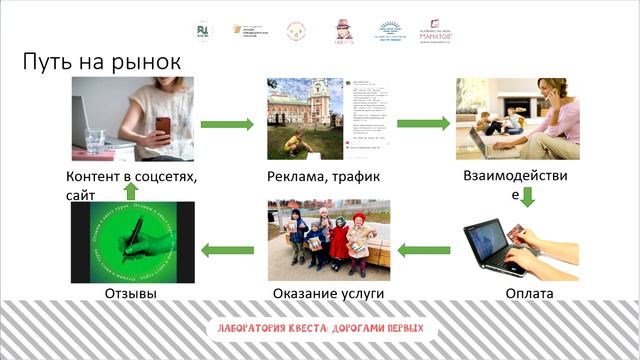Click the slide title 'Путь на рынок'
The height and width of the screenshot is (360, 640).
pos(101,62)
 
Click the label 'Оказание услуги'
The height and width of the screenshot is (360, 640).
pos(328,294)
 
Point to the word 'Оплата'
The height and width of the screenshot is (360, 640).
pos(529,294)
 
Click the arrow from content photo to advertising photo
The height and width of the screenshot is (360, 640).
pos(226,125)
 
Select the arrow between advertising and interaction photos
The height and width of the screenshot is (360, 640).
pos(422,125)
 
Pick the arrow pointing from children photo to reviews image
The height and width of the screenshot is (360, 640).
pos(226,246)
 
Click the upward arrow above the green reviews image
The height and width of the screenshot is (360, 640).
pos(128,188)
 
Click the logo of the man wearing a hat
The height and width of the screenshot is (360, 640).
pos(344,29)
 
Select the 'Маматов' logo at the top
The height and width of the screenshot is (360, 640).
pos(436,29)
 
